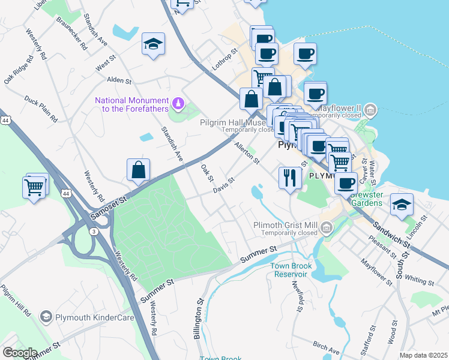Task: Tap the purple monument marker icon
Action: click(x=178, y=104)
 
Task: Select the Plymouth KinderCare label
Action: click(x=94, y=317)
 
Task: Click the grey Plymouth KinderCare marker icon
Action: click(x=46, y=317)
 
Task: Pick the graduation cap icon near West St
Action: click(x=154, y=44)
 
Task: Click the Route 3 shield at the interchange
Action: click(x=94, y=231)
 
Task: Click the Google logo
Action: click(x=20, y=353)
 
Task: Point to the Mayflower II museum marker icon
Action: click(x=371, y=110)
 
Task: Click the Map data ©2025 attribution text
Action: click(x=423, y=355)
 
